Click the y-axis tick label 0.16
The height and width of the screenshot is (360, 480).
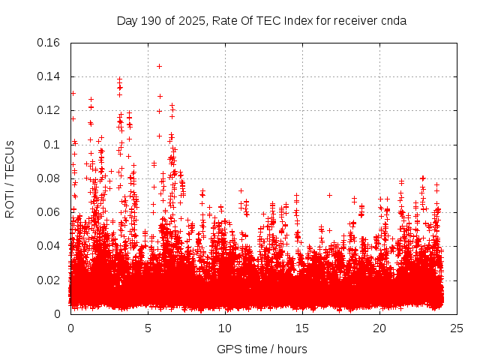point(49,43)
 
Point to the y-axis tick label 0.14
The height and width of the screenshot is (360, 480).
point(49,76)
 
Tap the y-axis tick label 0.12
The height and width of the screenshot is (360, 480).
point(49,110)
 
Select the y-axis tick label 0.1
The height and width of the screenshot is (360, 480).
point(52,144)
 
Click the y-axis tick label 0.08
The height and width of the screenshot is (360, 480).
point(49,178)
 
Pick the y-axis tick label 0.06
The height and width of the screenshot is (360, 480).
point(49,212)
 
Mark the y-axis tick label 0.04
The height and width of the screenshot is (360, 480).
point(49,246)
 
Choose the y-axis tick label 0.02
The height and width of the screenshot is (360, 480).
point(49,280)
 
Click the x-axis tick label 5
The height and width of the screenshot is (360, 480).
point(148,328)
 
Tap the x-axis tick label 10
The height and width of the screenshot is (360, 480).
point(225,328)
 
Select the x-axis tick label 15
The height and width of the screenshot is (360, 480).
point(302,328)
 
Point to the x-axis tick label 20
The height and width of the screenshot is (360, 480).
point(379,328)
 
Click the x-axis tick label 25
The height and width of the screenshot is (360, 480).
point(457,328)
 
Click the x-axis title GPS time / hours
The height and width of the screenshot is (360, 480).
point(262,349)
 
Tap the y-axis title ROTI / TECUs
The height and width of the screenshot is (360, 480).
point(10,178)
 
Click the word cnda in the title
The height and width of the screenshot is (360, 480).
point(394,20)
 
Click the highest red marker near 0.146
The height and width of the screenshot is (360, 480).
point(159,66)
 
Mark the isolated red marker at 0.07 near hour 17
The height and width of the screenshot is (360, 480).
point(329,195)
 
